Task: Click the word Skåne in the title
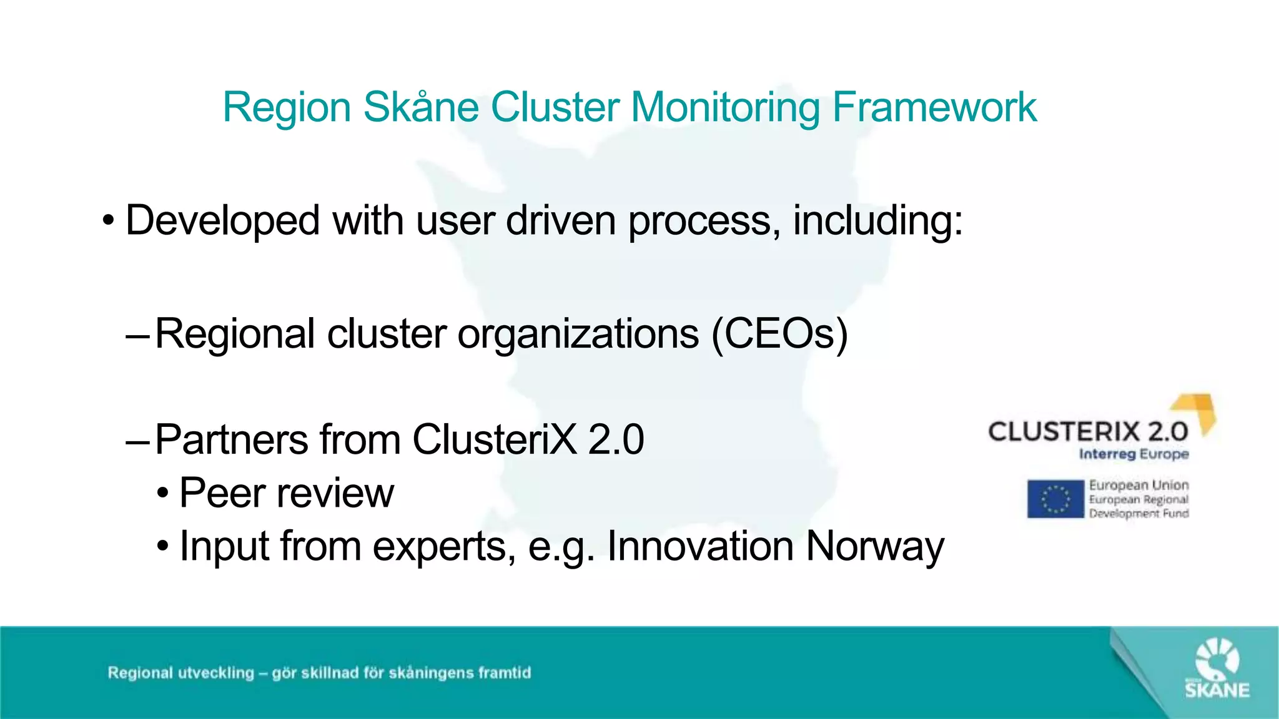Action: click(420, 107)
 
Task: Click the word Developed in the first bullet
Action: click(222, 220)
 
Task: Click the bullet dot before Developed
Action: click(109, 222)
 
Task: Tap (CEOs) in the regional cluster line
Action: click(779, 334)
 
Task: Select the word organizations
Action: click(578, 334)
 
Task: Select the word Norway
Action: click(875, 547)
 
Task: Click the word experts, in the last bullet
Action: click(444, 547)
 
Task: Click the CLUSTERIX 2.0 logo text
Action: click(1087, 432)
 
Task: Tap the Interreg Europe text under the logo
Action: click(1133, 454)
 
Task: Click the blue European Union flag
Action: click(1055, 499)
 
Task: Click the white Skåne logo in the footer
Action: click(1217, 668)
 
